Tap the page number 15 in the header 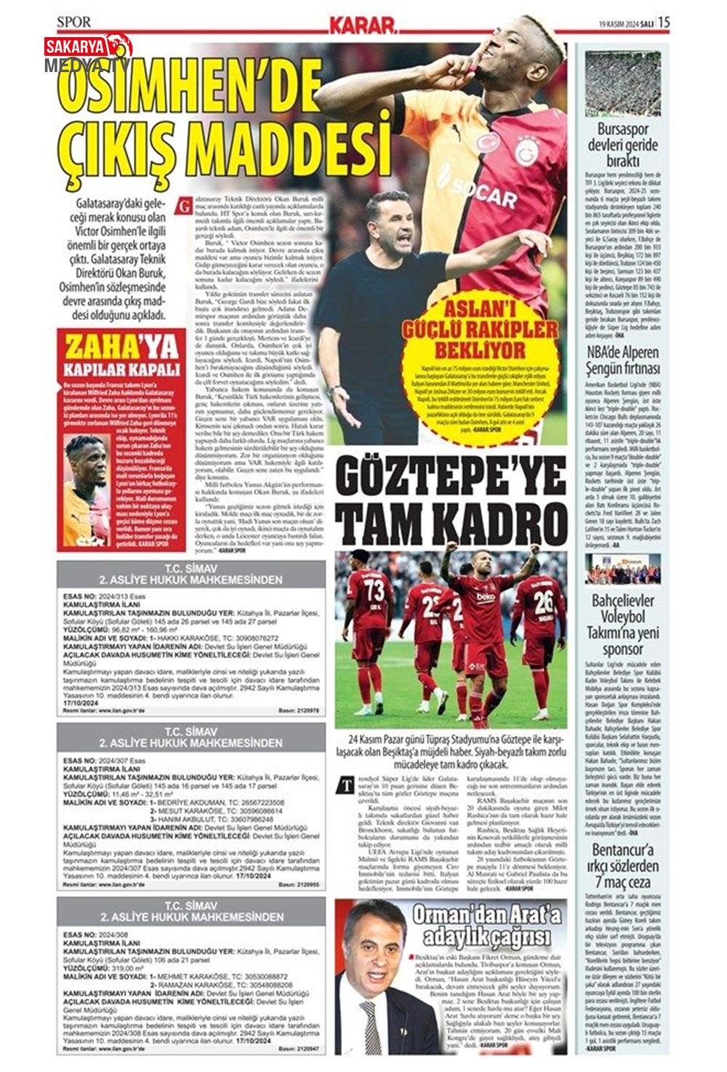[x=664, y=23]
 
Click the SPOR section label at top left [x=74, y=23]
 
